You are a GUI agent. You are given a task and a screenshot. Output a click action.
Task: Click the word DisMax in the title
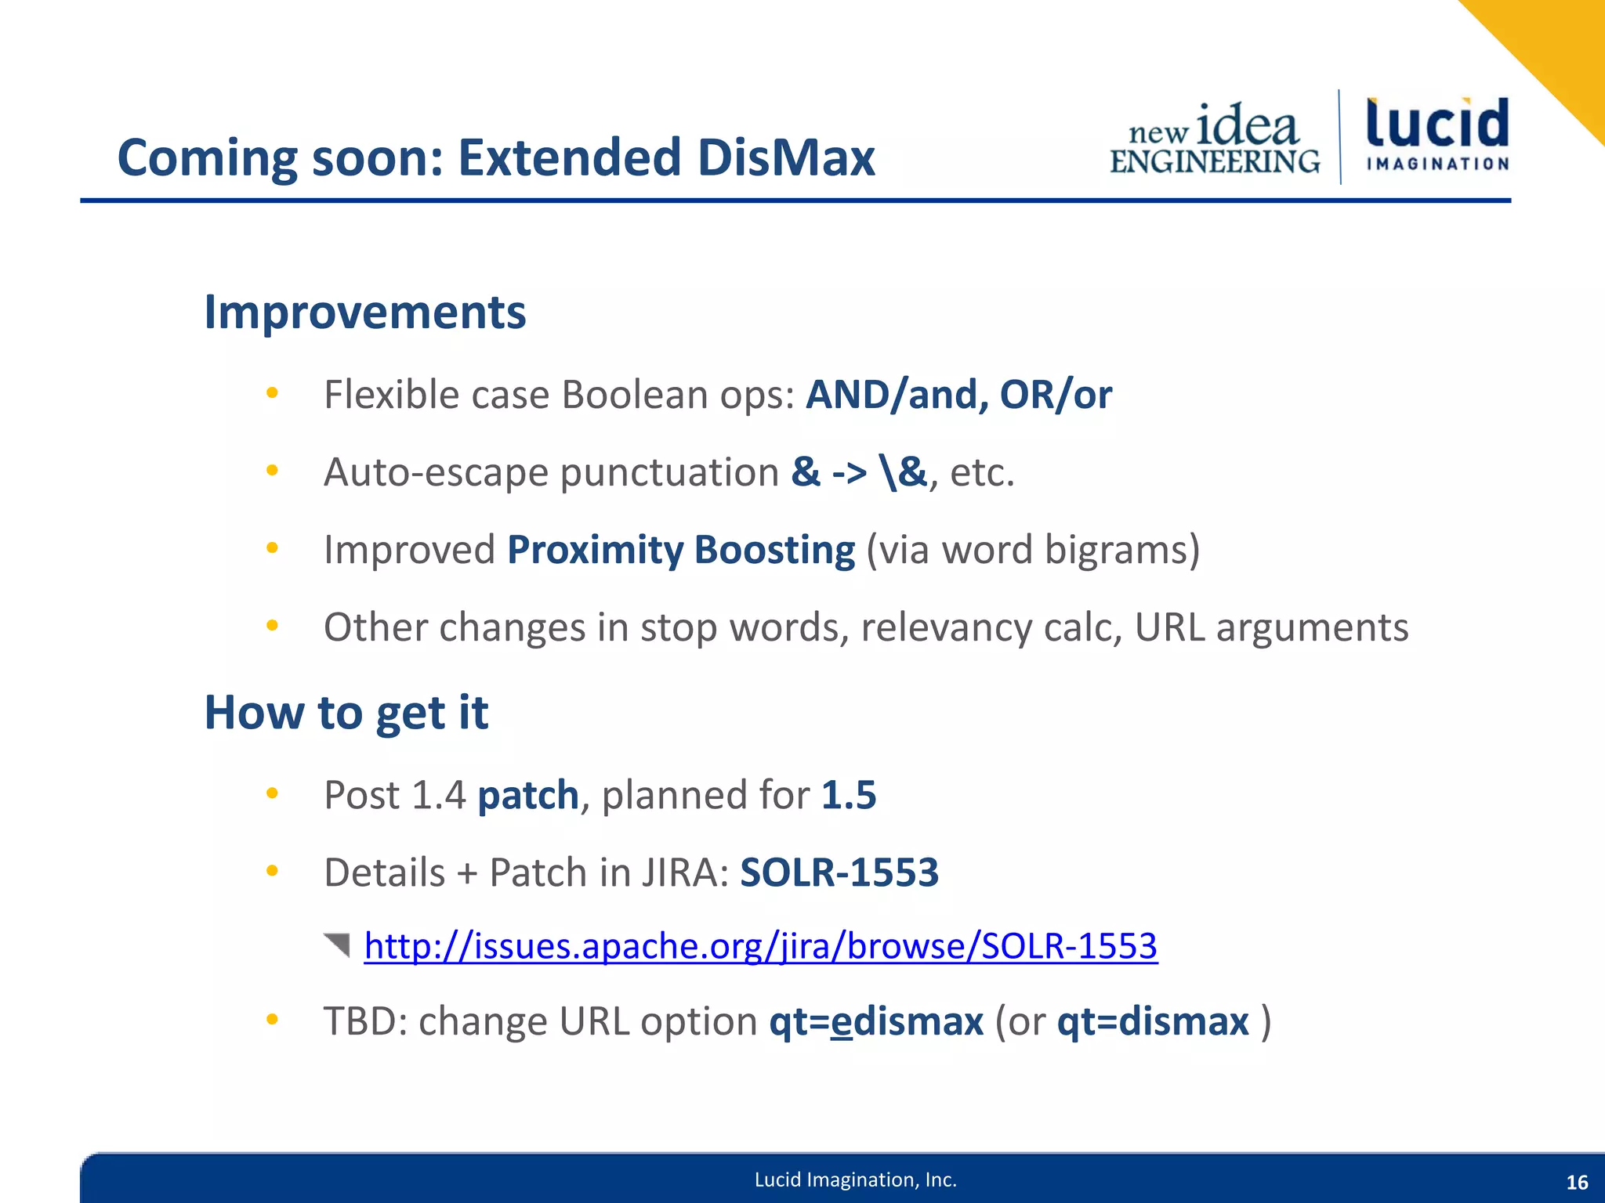point(785,157)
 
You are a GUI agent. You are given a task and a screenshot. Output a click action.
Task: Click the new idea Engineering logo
point(1215,139)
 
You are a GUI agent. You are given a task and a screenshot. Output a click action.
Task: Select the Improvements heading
point(364,312)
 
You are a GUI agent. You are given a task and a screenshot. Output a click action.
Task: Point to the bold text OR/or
point(1056,394)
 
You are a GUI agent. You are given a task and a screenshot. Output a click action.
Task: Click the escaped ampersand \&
point(903,471)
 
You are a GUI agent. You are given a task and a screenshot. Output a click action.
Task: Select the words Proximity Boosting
point(680,550)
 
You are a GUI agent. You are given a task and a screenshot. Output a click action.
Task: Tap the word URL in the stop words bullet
point(1169,627)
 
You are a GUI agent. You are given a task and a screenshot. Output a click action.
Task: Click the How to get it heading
point(346,713)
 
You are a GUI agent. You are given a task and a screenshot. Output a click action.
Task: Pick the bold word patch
point(527,795)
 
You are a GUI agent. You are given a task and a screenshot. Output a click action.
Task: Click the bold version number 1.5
point(848,795)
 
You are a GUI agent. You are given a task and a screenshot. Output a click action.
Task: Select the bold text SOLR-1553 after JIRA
point(839,872)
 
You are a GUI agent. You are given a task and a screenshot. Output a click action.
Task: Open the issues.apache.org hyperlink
point(760,946)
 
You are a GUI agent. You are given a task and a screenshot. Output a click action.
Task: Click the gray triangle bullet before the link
point(338,945)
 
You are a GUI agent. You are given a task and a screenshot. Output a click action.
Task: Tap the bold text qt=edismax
point(875,1022)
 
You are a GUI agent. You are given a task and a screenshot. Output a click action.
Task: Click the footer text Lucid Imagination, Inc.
point(855,1180)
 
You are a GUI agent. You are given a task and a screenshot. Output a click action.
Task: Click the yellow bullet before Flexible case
point(272,393)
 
